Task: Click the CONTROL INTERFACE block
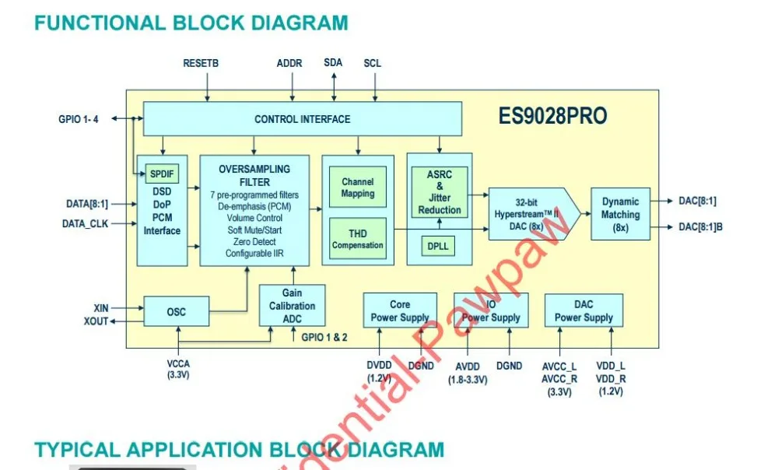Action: (302, 119)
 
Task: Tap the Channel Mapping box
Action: (357, 188)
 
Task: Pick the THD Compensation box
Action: (357, 239)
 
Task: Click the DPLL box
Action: (438, 246)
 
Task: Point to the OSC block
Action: (177, 312)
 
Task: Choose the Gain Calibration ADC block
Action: (292, 306)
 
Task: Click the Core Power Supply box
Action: (400, 311)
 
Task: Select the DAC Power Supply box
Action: (583, 311)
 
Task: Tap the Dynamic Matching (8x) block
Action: (620, 214)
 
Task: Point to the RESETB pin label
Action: (201, 63)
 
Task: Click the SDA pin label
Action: (333, 62)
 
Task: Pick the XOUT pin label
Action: (96, 321)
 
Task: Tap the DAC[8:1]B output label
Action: (700, 227)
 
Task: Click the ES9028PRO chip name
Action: (552, 117)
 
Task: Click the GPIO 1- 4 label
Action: (79, 119)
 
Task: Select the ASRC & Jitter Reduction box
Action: (440, 192)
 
